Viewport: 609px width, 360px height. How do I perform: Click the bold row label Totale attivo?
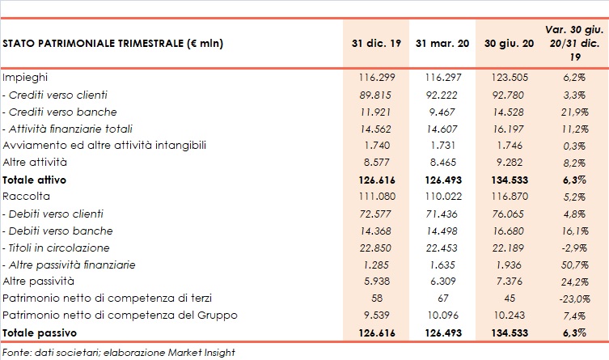click(35, 179)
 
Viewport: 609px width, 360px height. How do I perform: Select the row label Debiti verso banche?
click(60, 231)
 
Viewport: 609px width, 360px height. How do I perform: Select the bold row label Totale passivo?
click(37, 332)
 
